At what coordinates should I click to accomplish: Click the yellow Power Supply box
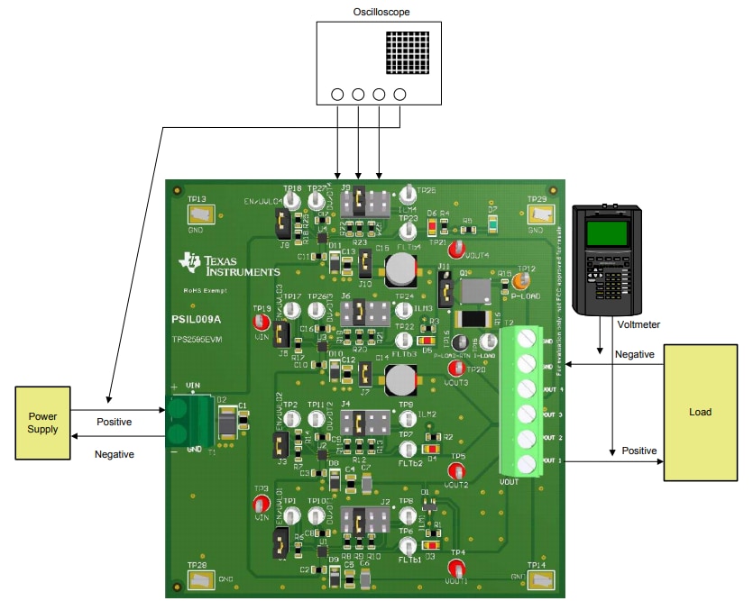[42, 423]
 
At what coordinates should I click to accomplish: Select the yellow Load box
[700, 412]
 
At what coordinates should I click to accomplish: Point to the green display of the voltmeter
[606, 234]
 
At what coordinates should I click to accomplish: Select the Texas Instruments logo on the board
[229, 265]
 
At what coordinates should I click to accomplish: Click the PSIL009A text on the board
[197, 319]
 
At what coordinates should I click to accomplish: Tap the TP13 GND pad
[197, 214]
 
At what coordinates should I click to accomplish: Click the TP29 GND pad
[539, 213]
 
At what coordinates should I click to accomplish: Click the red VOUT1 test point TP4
[458, 569]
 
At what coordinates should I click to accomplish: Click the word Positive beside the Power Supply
[114, 422]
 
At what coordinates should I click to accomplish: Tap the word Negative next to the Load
[634, 355]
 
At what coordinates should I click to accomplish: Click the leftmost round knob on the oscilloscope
[338, 95]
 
